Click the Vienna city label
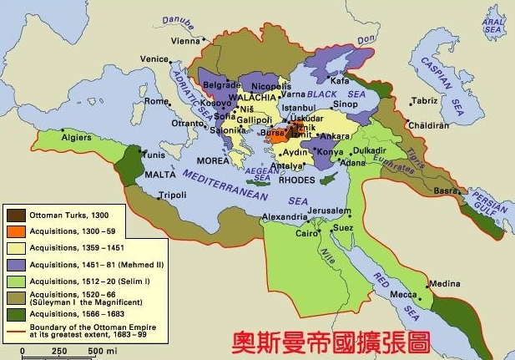185,41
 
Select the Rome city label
157,101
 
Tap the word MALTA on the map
138,175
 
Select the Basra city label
446,190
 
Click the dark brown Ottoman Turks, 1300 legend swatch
15,215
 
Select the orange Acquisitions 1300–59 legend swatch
15,231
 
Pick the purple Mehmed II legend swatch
15,263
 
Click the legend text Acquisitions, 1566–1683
67,313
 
